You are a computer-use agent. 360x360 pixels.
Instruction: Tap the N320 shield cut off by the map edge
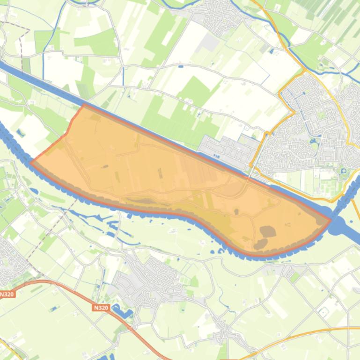(x=7, y=295)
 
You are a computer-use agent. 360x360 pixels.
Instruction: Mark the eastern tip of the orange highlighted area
(x=331, y=219)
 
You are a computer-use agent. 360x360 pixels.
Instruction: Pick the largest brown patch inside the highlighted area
(x=268, y=231)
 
